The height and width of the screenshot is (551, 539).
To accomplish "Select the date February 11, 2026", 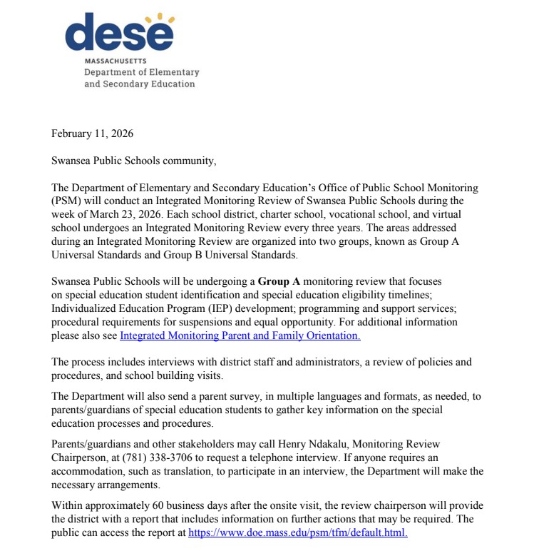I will coord(93,133).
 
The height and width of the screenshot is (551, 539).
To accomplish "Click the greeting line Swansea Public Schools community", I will coord(133,161).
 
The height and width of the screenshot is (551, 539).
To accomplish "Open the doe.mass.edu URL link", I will coord(298,532).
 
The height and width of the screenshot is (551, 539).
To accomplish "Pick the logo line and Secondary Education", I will coord(139,84).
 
